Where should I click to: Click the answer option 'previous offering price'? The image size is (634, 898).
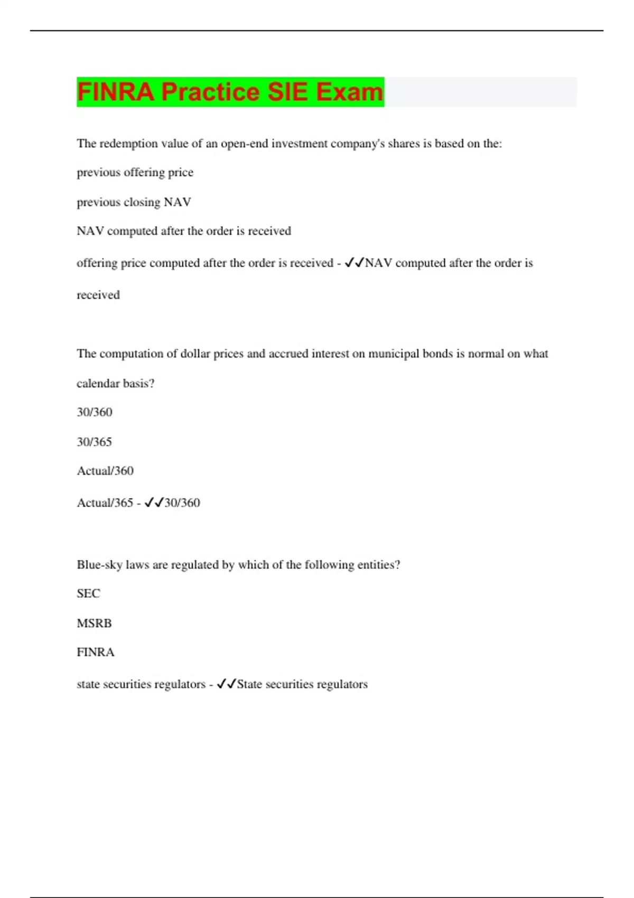pyautogui.click(x=135, y=173)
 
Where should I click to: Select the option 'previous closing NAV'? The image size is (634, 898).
pyautogui.click(x=134, y=202)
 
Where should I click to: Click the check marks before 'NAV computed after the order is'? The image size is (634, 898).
pyautogui.click(x=354, y=263)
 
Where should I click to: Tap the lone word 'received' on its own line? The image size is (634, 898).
pyautogui.click(x=98, y=295)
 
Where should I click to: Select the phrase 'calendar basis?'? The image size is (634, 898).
pyautogui.click(x=115, y=383)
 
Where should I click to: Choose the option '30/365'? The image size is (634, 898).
pyautogui.click(x=94, y=442)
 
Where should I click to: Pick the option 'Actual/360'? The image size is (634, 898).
pyautogui.click(x=105, y=471)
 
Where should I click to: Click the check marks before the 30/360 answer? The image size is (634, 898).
pyautogui.click(x=154, y=502)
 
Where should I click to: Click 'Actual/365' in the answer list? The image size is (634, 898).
pyautogui.click(x=105, y=502)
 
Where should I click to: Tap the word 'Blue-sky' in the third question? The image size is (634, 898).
pyautogui.click(x=99, y=565)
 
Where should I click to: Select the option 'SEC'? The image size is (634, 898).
pyautogui.click(x=88, y=594)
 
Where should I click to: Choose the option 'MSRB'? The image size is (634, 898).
pyautogui.click(x=94, y=623)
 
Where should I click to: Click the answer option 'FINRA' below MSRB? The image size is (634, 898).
pyautogui.click(x=96, y=652)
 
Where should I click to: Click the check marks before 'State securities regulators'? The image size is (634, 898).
pyautogui.click(x=226, y=684)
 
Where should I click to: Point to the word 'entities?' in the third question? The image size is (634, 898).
pyautogui.click(x=378, y=565)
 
